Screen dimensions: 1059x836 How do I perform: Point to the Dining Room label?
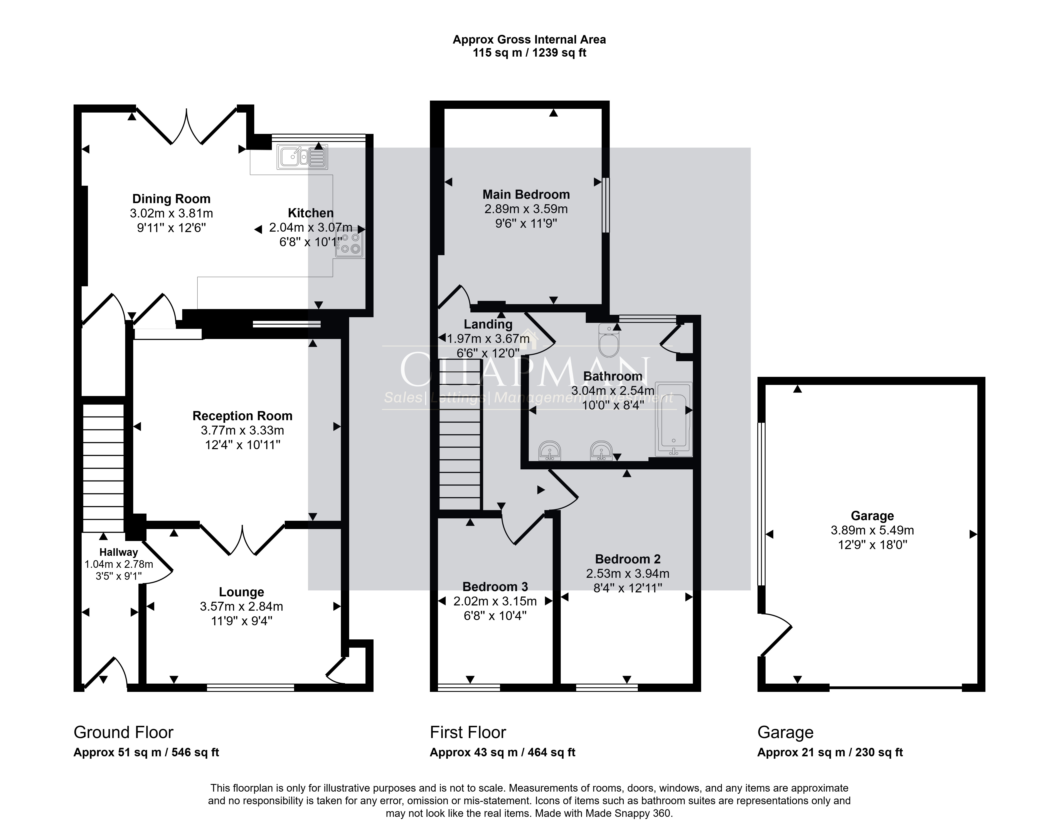(171, 199)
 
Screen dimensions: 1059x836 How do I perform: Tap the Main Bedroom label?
(526, 194)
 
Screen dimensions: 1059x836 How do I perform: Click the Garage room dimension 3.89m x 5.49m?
(872, 530)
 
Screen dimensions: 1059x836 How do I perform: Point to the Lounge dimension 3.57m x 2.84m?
(241, 607)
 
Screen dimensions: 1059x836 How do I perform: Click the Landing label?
(488, 324)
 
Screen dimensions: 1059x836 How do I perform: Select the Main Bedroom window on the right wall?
(606, 205)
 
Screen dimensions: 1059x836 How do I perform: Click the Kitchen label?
(311, 213)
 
